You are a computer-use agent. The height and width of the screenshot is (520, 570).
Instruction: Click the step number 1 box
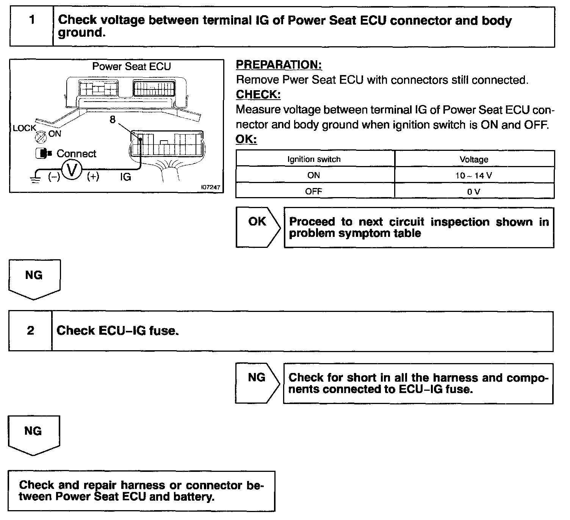point(31,26)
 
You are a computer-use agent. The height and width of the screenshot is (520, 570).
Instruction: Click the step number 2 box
point(30,331)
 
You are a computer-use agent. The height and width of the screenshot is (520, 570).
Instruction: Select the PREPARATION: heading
point(279,65)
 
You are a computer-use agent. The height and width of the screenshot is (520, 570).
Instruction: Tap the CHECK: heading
point(258,94)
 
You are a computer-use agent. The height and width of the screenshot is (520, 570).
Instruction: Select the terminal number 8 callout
point(112,120)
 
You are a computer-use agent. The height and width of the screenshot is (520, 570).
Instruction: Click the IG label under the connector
point(125,177)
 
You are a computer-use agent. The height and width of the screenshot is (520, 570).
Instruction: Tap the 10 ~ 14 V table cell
point(474,175)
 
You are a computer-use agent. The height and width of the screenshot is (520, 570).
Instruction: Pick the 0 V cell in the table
point(474,191)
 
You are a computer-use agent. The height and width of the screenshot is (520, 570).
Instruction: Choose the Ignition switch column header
point(314,159)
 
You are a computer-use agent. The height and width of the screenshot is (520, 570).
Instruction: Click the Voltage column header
point(474,159)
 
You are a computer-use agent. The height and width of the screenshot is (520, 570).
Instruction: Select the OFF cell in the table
point(314,191)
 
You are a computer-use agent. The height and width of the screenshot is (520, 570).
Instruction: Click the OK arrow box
point(257,227)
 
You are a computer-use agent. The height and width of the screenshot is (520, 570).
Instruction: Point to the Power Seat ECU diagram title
point(132,67)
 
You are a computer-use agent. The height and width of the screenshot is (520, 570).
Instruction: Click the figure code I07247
point(211,188)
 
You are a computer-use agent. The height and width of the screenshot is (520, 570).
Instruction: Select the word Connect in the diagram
point(76,153)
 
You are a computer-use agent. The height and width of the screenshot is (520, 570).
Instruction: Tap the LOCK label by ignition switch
point(24,128)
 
